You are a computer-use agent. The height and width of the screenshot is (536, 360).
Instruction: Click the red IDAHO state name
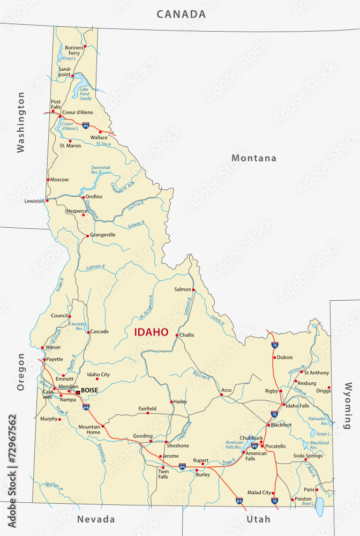pos(151,332)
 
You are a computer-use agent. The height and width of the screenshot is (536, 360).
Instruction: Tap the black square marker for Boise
pos(78,392)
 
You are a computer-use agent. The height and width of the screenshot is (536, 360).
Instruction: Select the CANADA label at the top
pos(181,14)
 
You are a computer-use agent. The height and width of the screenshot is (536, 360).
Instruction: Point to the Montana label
pos(254,158)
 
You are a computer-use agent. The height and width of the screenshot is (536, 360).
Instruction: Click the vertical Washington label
pos(21,122)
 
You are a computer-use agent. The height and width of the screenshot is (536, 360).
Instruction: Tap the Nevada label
pos(96,519)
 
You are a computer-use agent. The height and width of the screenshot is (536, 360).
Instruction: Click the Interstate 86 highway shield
pos(254,445)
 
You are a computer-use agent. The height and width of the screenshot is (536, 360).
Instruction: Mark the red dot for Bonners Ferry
pos(85,47)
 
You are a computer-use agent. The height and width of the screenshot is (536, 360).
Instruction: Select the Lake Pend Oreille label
pos(85,94)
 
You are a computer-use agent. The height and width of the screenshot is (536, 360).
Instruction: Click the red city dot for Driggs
pos(329,388)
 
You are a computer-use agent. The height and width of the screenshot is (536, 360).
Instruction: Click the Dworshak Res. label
pos(100,170)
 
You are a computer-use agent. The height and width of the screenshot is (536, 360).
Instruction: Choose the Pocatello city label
pos(275,446)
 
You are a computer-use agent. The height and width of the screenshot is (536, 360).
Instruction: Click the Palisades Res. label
pos(318,421)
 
